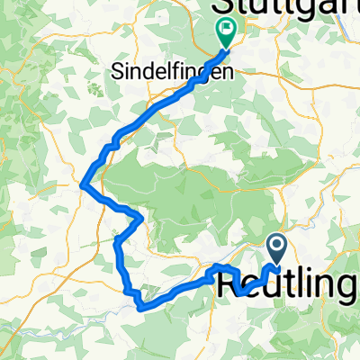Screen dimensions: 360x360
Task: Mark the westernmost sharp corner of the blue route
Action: [x=83, y=185]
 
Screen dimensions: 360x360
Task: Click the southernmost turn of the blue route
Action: [x=141, y=307]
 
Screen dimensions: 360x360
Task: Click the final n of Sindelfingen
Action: [x=226, y=70]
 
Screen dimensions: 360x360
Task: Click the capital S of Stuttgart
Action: [x=219, y=9]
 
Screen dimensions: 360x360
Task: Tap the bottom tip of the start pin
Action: [x=276, y=264]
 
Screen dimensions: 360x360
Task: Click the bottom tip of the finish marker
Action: [x=225, y=48]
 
